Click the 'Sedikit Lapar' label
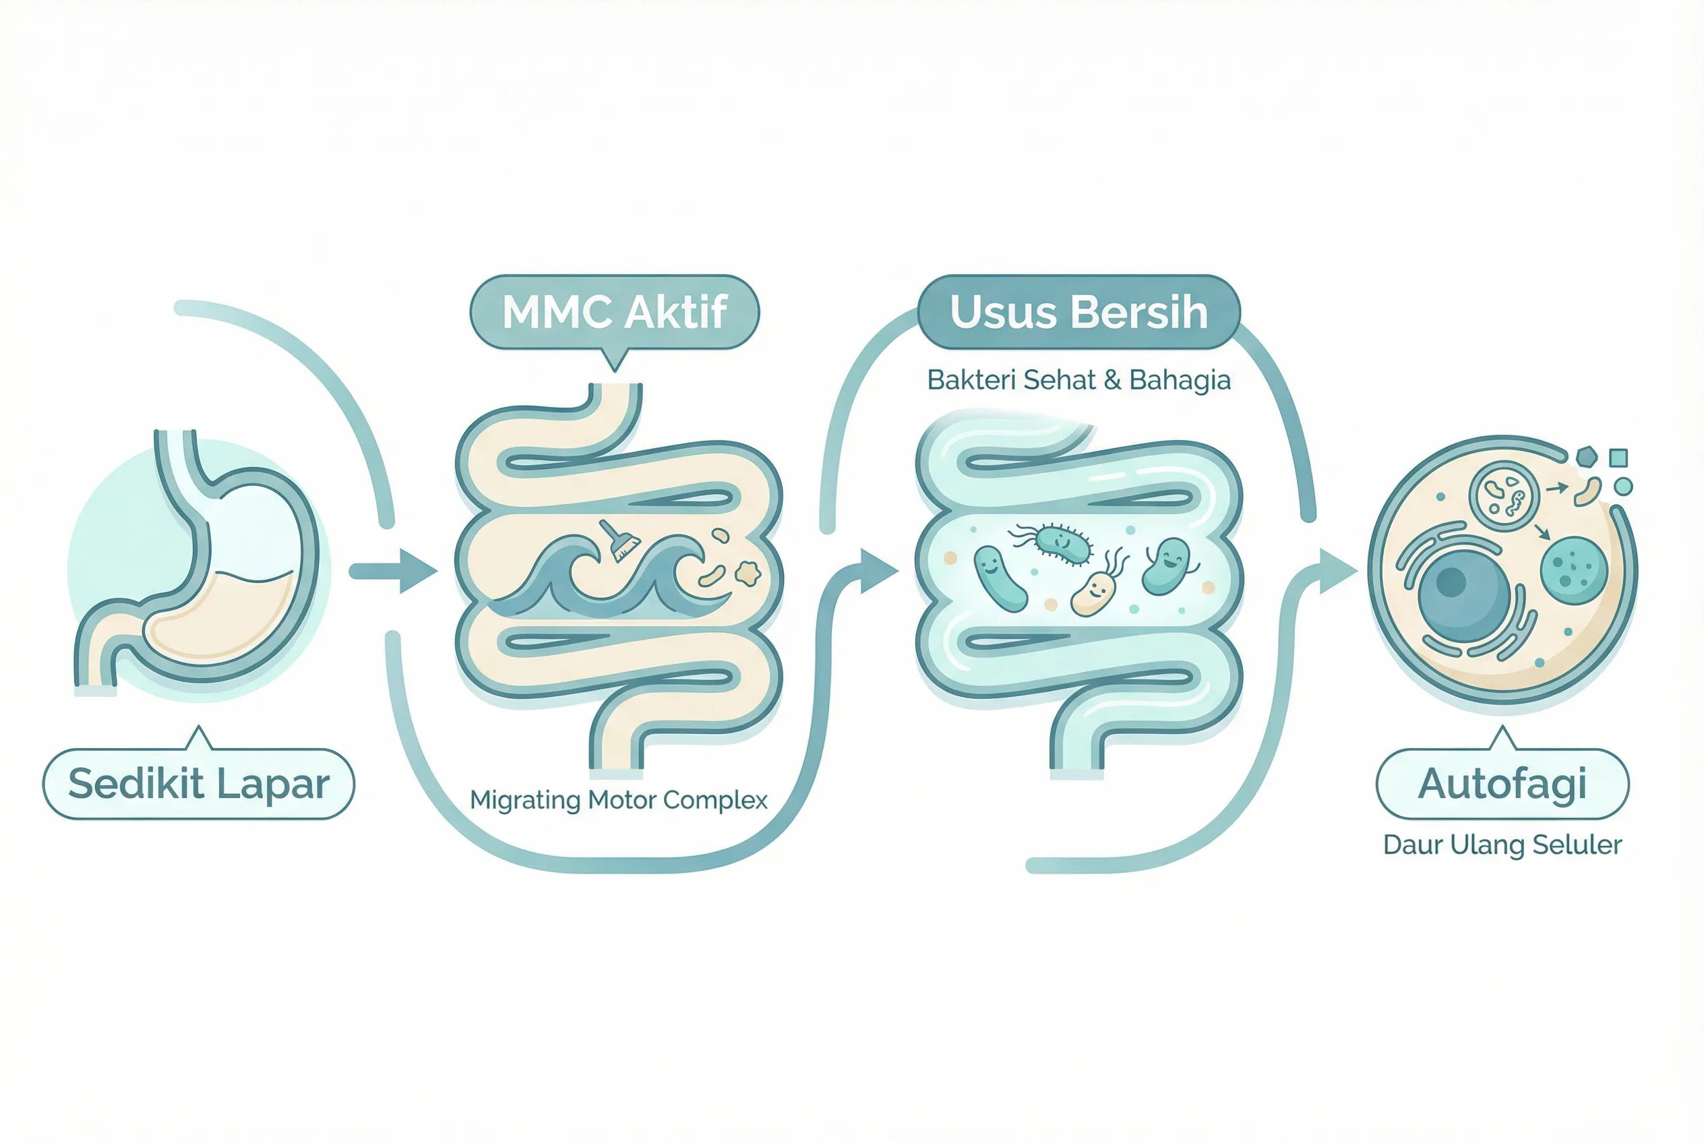click(x=198, y=784)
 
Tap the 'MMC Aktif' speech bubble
click(x=615, y=312)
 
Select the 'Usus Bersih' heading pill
click(x=1078, y=312)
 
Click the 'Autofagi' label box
click(x=1502, y=784)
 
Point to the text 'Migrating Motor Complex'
click(x=618, y=800)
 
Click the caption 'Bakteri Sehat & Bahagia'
click(x=1078, y=380)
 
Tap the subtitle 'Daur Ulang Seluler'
click(x=1502, y=844)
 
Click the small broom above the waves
click(x=619, y=540)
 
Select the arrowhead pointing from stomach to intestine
click(x=417, y=570)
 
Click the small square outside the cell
click(x=1618, y=458)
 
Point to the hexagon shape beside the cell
click(x=1587, y=458)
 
